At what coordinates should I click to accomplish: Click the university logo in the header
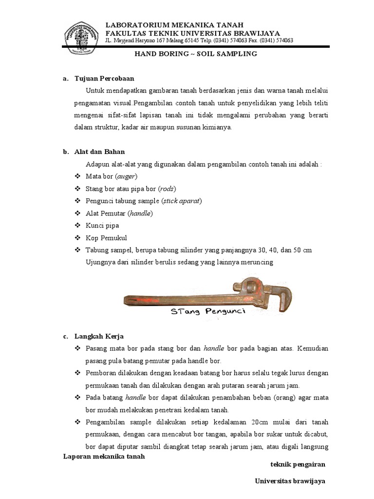pyautogui.click(x=82, y=37)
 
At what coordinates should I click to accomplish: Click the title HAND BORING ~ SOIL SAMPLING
pyautogui.click(x=195, y=54)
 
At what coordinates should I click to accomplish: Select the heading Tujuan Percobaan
pyautogui.click(x=104, y=78)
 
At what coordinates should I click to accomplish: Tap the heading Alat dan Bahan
pyautogui.click(x=100, y=152)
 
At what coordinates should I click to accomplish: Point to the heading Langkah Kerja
pyautogui.click(x=99, y=336)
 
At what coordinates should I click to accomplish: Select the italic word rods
pyautogui.click(x=167, y=189)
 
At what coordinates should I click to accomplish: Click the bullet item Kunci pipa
pyautogui.click(x=102, y=226)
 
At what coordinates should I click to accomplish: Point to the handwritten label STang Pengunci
pyautogui.click(x=207, y=312)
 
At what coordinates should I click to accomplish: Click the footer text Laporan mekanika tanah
pyautogui.click(x=104, y=457)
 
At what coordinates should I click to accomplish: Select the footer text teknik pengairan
pyautogui.click(x=298, y=464)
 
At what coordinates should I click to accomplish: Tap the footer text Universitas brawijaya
pyautogui.click(x=290, y=480)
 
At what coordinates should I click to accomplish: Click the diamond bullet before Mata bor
pyautogui.click(x=77, y=176)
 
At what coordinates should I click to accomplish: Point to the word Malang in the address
pyautogui.click(x=174, y=41)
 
